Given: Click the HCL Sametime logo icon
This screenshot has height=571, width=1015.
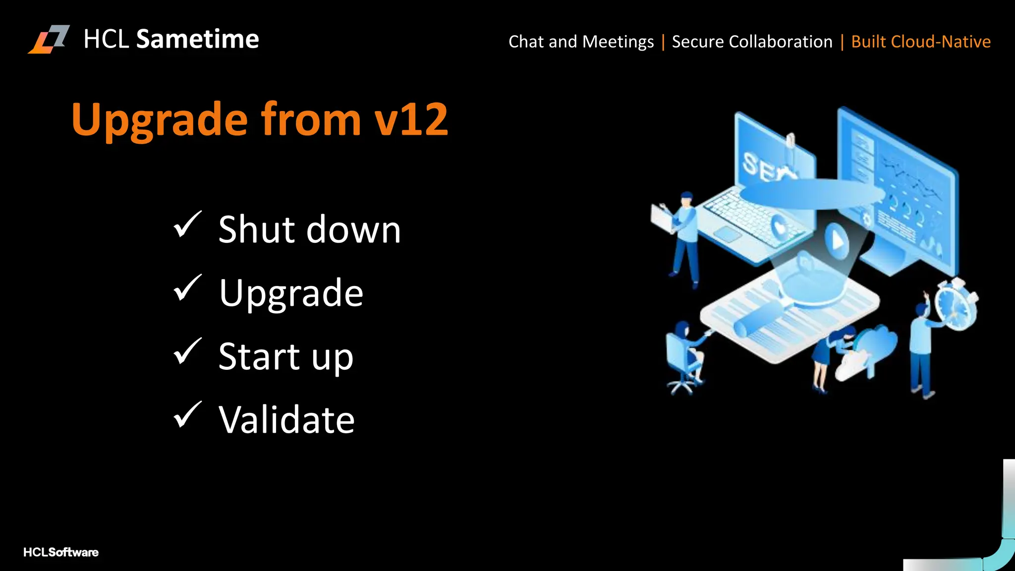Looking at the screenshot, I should click(x=49, y=39).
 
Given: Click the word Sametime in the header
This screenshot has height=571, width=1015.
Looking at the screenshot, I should click(x=197, y=39).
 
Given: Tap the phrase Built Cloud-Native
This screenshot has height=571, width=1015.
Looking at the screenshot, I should click(x=920, y=42).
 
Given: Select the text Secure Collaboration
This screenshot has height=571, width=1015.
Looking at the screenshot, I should click(x=752, y=42).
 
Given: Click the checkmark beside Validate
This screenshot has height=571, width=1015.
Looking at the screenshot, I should click(x=187, y=415).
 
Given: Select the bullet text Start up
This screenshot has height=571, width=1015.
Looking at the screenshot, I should click(x=286, y=356).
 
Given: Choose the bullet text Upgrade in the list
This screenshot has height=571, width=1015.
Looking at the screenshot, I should click(x=291, y=293).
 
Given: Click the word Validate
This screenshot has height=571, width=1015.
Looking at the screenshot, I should click(x=286, y=420).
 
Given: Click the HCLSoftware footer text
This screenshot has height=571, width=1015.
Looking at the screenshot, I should click(x=60, y=552).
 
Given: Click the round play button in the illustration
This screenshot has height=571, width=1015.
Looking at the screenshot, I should click(x=837, y=241).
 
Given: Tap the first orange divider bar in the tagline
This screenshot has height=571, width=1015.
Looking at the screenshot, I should click(x=663, y=42).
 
